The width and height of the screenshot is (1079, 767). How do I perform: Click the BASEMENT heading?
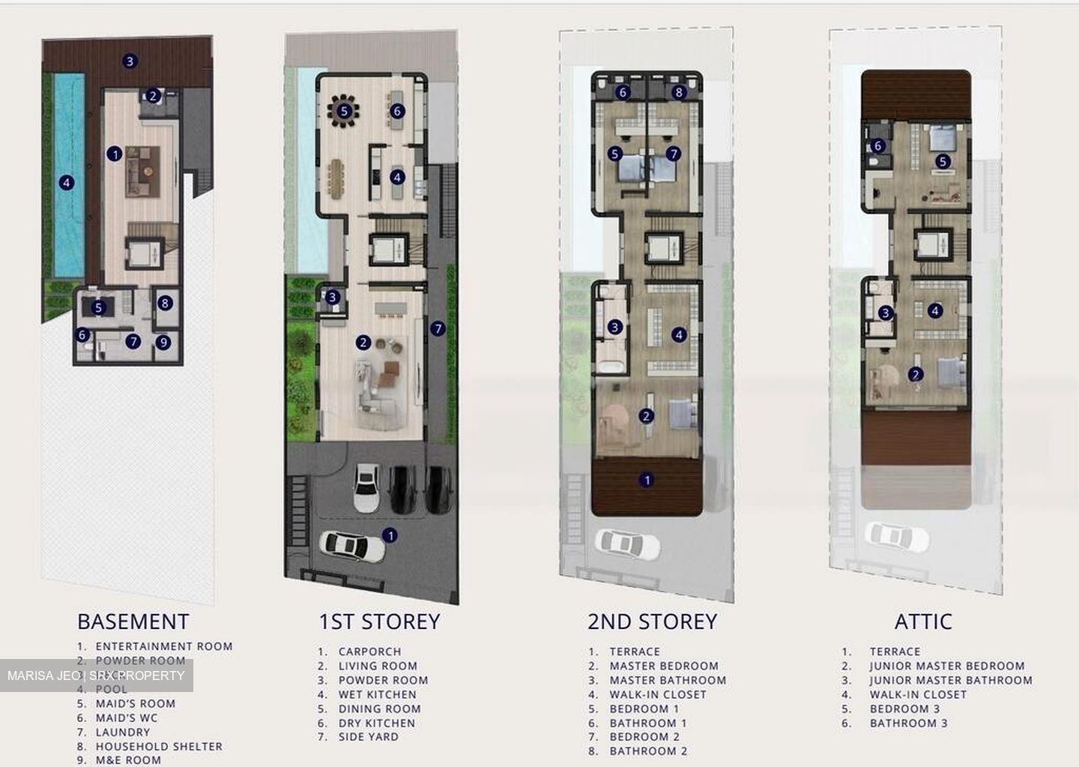[x=133, y=622]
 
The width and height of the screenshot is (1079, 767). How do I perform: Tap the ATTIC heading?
[x=923, y=622]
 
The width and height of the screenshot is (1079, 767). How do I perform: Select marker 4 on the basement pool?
[x=67, y=182]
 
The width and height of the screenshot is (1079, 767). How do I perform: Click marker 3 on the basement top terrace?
[x=130, y=61]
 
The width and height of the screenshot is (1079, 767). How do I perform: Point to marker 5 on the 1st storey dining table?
[x=344, y=112]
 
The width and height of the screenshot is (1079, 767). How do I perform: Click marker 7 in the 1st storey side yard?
[x=438, y=328]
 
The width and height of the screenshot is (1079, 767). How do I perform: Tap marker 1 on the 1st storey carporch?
[x=390, y=535]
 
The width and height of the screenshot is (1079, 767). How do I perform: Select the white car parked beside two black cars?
[x=366, y=487]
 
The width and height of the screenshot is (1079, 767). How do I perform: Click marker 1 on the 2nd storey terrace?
[x=647, y=480]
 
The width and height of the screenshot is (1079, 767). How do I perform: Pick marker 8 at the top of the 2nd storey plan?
[x=679, y=93]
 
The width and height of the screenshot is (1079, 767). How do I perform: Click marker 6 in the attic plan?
[x=878, y=146]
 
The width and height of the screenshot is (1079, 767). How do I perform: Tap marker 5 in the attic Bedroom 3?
[x=943, y=161]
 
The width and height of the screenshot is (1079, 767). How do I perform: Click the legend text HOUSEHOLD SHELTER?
[x=159, y=746]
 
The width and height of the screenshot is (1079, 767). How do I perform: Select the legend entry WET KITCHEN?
[x=377, y=694]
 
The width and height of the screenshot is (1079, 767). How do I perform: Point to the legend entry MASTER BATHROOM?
[x=668, y=680]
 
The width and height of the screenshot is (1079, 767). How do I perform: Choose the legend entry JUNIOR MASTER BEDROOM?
[x=947, y=666]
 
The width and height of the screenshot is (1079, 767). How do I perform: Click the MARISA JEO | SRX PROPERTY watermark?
[x=96, y=676]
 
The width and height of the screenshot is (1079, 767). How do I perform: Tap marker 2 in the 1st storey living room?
[x=363, y=343]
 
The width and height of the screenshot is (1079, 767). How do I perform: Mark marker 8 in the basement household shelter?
[x=166, y=304]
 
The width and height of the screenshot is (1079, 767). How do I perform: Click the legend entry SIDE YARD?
[x=368, y=737]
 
